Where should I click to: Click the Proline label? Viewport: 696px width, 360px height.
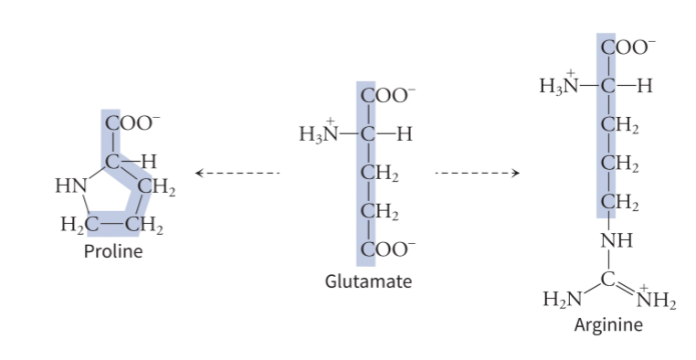point(113,251)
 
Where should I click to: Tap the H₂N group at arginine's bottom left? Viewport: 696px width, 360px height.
point(562,299)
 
